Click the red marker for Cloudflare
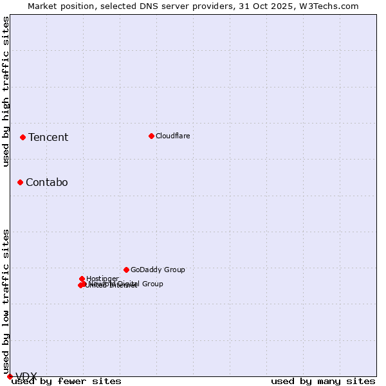[x=151, y=136]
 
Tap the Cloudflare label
[x=172, y=136]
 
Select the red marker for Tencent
[x=23, y=137]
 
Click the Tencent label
[x=48, y=137]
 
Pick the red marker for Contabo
[x=20, y=182]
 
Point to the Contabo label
[x=46, y=182]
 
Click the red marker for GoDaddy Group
[x=126, y=270]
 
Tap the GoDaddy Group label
[x=158, y=270]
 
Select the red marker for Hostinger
[x=82, y=279]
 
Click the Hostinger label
[x=102, y=279]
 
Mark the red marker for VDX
[x=10, y=376]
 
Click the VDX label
[x=26, y=377]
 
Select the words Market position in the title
[x=57, y=6]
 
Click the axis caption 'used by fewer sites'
[x=66, y=381]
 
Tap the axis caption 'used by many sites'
[x=323, y=381]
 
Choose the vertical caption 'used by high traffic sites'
[x=6, y=91]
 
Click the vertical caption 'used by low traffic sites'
[x=6, y=301]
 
